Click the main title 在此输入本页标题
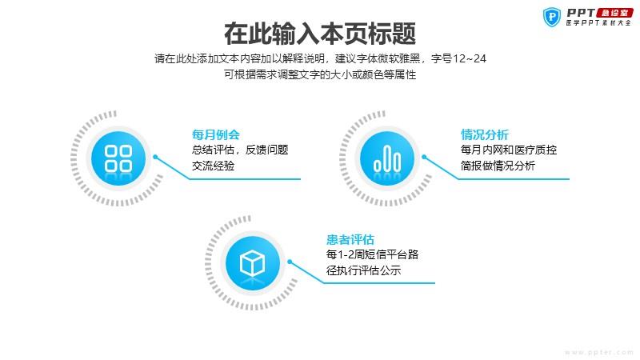tap(320, 34)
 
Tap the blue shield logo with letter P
tap(552, 17)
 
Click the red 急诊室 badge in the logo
tap(614, 13)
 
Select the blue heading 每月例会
tap(215, 134)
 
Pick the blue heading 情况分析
tap(485, 134)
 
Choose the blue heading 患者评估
tap(350, 239)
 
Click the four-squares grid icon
tap(118, 158)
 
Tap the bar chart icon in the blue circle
tap(387, 158)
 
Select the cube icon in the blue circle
tap(252, 263)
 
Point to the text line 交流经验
tap(213, 166)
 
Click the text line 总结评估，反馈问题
tap(240, 150)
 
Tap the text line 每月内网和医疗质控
tap(509, 150)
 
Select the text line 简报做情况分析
tap(498, 166)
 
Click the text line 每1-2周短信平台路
tap(372, 254)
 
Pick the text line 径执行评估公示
tap(364, 270)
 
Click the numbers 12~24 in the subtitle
tap(470, 58)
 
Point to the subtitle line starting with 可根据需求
tap(320, 74)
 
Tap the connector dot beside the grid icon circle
tap(155, 157)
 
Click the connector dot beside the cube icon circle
tap(290, 262)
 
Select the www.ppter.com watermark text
tap(598, 352)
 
